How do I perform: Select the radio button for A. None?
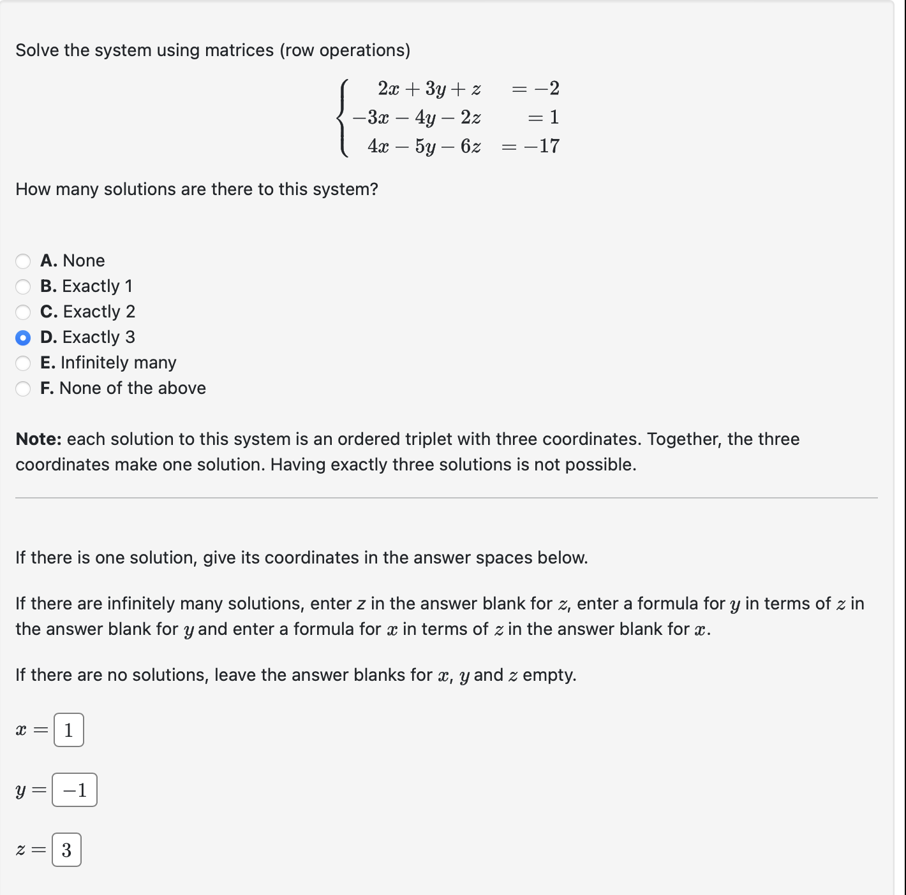click(x=23, y=261)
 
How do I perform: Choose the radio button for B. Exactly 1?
click(x=23, y=286)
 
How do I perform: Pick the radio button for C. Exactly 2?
click(x=23, y=312)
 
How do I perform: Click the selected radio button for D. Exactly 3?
click(x=23, y=337)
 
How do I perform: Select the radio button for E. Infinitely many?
click(x=23, y=363)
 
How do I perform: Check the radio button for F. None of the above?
click(x=23, y=388)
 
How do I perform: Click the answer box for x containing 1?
click(x=69, y=730)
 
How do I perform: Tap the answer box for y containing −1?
click(x=75, y=790)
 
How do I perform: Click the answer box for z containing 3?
click(x=66, y=850)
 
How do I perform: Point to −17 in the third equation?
click(x=542, y=146)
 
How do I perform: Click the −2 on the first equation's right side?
click(x=547, y=88)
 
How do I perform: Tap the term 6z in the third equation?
click(x=470, y=147)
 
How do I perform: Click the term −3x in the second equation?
click(x=371, y=117)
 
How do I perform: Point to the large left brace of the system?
click(x=344, y=117)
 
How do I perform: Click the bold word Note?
click(x=38, y=439)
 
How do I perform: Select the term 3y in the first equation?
click(x=436, y=89)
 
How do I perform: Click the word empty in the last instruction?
click(x=549, y=675)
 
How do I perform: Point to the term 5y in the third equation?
click(x=426, y=147)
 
